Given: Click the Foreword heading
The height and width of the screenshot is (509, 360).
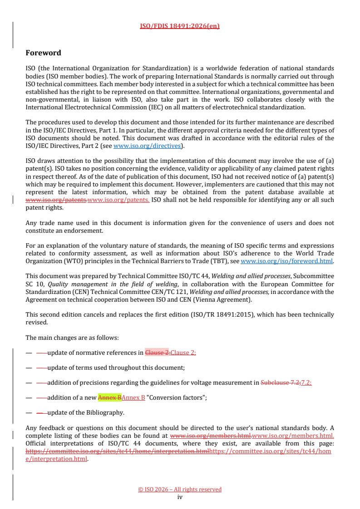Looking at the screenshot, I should pyautogui.click(x=43, y=53).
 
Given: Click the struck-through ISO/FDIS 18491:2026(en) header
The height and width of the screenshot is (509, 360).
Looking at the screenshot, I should pyautogui.click(x=180, y=26).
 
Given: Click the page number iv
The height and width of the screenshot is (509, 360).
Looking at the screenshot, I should pyautogui.click(x=180, y=497).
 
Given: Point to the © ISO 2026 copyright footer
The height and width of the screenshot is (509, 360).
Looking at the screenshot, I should pyautogui.click(x=180, y=489).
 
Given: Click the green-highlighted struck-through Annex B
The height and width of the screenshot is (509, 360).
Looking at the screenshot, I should pyautogui.click(x=109, y=397).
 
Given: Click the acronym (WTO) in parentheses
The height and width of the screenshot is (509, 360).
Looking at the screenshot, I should pyautogui.click(x=65, y=261).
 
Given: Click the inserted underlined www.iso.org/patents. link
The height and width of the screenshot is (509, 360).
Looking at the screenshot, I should pyautogui.click(x=118, y=200).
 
